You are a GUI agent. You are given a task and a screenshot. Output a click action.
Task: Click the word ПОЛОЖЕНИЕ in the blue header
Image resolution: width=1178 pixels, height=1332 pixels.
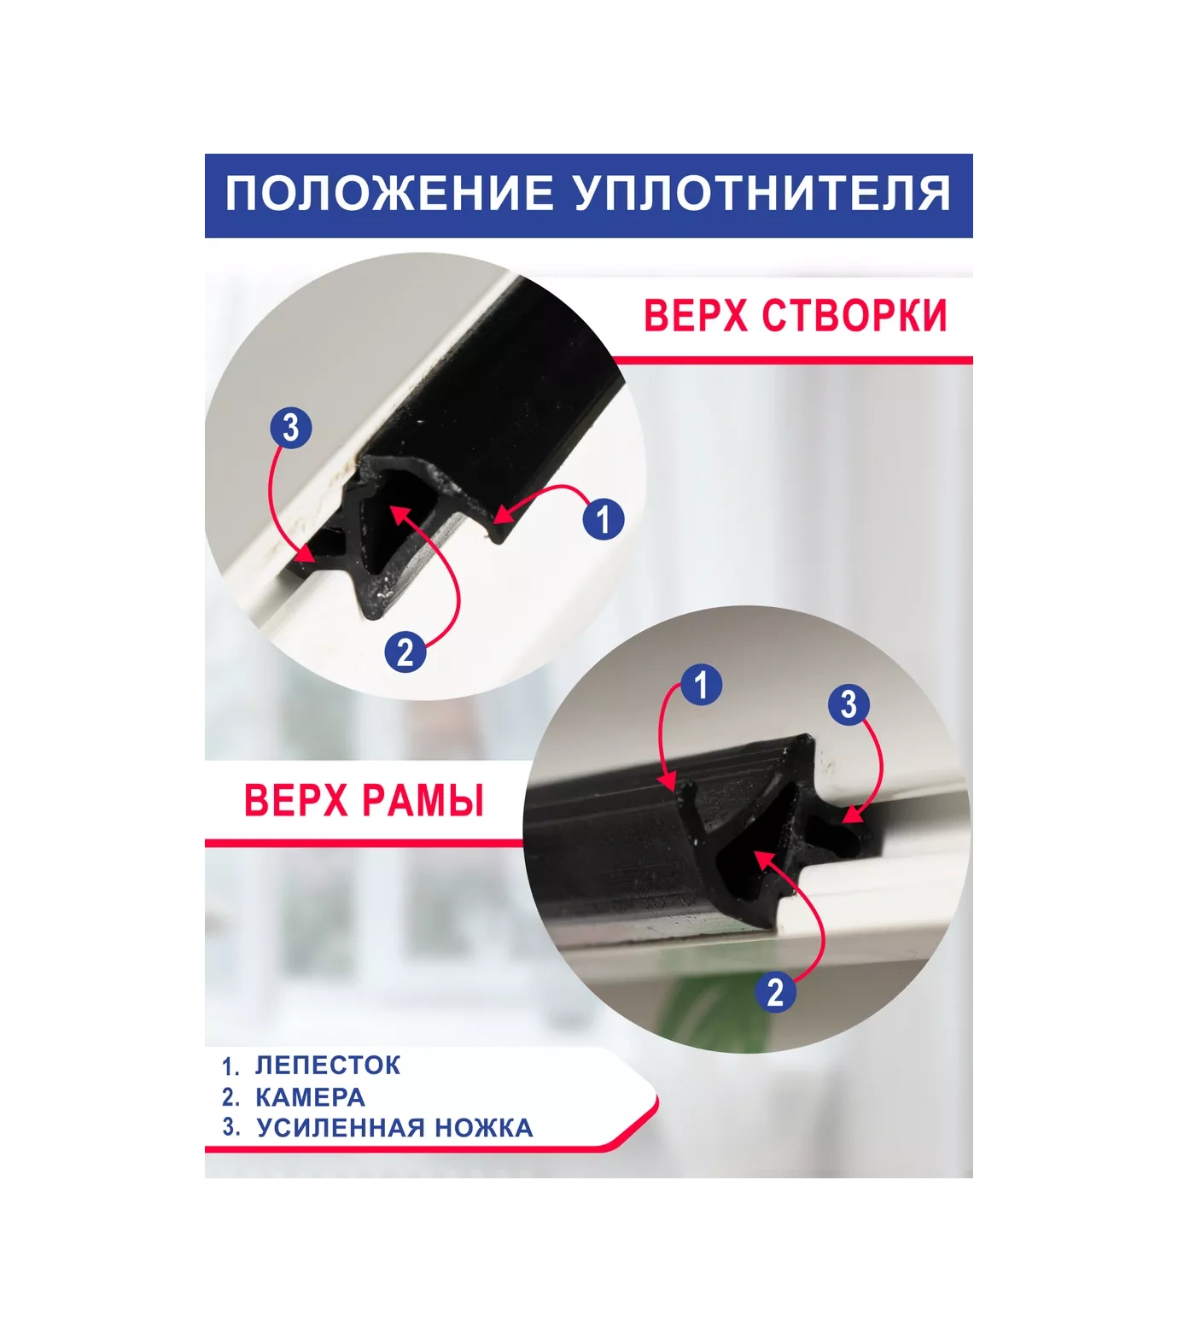pyautogui.click(x=388, y=194)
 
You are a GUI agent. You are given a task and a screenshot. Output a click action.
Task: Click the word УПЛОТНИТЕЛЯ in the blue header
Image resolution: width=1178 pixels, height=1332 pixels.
pyautogui.click(x=762, y=194)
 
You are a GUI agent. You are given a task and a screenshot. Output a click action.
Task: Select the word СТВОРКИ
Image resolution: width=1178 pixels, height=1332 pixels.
pyautogui.click(x=854, y=315)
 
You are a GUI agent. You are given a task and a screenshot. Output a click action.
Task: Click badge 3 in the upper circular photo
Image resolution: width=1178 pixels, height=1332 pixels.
pyautogui.click(x=290, y=427)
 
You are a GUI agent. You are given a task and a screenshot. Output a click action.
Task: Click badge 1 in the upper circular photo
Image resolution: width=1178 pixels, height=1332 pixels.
pyautogui.click(x=604, y=518)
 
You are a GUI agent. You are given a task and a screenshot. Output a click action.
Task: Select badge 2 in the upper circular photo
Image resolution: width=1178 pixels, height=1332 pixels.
pyautogui.click(x=405, y=651)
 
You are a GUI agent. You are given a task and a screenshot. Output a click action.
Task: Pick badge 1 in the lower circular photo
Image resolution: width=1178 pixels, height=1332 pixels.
pyautogui.click(x=701, y=684)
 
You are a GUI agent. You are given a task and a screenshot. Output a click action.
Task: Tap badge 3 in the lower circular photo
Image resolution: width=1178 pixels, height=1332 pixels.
pyautogui.click(x=849, y=704)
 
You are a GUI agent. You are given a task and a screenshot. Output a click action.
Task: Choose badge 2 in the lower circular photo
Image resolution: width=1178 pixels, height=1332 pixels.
pyautogui.click(x=774, y=992)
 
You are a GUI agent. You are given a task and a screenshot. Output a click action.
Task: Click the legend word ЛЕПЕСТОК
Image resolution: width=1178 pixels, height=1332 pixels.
pyautogui.click(x=328, y=1065)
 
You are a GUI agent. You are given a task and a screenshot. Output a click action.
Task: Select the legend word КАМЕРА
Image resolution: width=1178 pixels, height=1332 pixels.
pyautogui.click(x=310, y=1096)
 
